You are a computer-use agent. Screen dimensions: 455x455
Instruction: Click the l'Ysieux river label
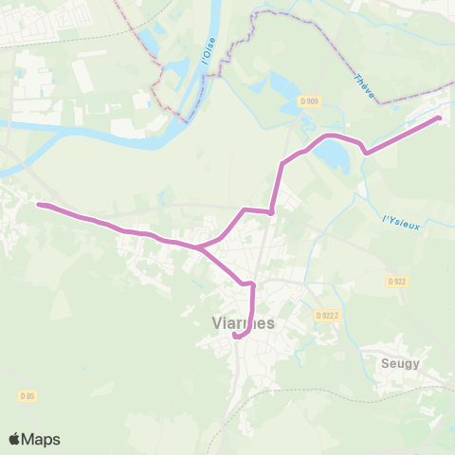(401, 222)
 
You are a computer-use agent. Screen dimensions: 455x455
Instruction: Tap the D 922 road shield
(396, 282)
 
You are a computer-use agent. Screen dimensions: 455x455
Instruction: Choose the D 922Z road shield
(327, 315)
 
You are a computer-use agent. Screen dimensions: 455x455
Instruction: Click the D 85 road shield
(27, 395)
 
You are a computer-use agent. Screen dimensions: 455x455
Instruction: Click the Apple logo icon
(15, 439)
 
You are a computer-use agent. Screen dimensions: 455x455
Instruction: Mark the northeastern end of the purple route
(439, 118)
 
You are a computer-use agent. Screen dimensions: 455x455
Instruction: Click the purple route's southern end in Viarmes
(234, 334)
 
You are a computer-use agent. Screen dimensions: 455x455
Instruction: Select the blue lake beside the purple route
(332, 153)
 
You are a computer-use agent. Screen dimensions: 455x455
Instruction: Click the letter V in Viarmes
(216, 322)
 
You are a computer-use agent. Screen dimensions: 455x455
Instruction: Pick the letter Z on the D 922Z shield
(335, 315)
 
